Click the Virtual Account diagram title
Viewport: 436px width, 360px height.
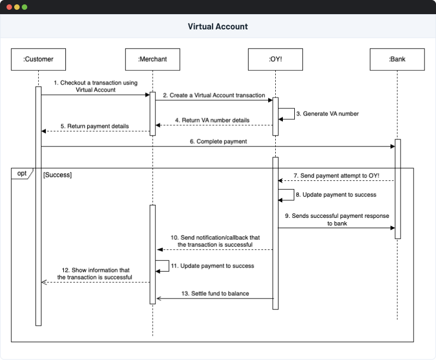click(218, 26)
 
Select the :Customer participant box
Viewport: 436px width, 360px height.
click(38, 59)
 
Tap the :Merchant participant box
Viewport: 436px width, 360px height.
click(153, 59)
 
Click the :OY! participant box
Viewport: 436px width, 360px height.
click(276, 59)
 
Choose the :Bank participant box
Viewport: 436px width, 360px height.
click(397, 59)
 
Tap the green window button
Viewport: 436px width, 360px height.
click(25, 8)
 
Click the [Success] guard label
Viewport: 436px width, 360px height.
click(57, 175)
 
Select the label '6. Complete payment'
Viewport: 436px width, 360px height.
click(218, 142)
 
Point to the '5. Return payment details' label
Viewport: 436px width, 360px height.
click(95, 126)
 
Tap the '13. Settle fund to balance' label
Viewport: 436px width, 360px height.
click(215, 294)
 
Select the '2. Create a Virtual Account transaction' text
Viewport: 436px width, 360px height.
click(214, 95)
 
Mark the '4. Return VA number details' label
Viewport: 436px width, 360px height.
click(213, 120)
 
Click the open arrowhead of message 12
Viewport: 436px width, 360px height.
click(44, 282)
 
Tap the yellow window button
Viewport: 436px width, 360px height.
click(17, 8)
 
